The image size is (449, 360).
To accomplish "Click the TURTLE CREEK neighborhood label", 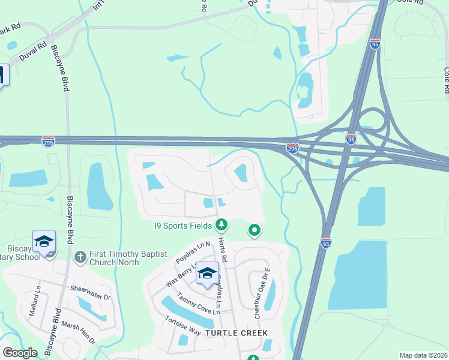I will tap(237, 332).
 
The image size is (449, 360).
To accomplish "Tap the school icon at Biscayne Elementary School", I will tap(44, 242).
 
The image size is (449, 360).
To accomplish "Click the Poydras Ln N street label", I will tap(193, 253).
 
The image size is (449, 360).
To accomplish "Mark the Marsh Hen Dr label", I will tap(77, 330).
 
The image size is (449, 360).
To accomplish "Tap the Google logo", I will tap(20, 353).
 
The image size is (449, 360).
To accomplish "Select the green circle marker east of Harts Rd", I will tap(255, 230).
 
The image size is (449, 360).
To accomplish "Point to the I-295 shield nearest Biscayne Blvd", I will tap(49, 142).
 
